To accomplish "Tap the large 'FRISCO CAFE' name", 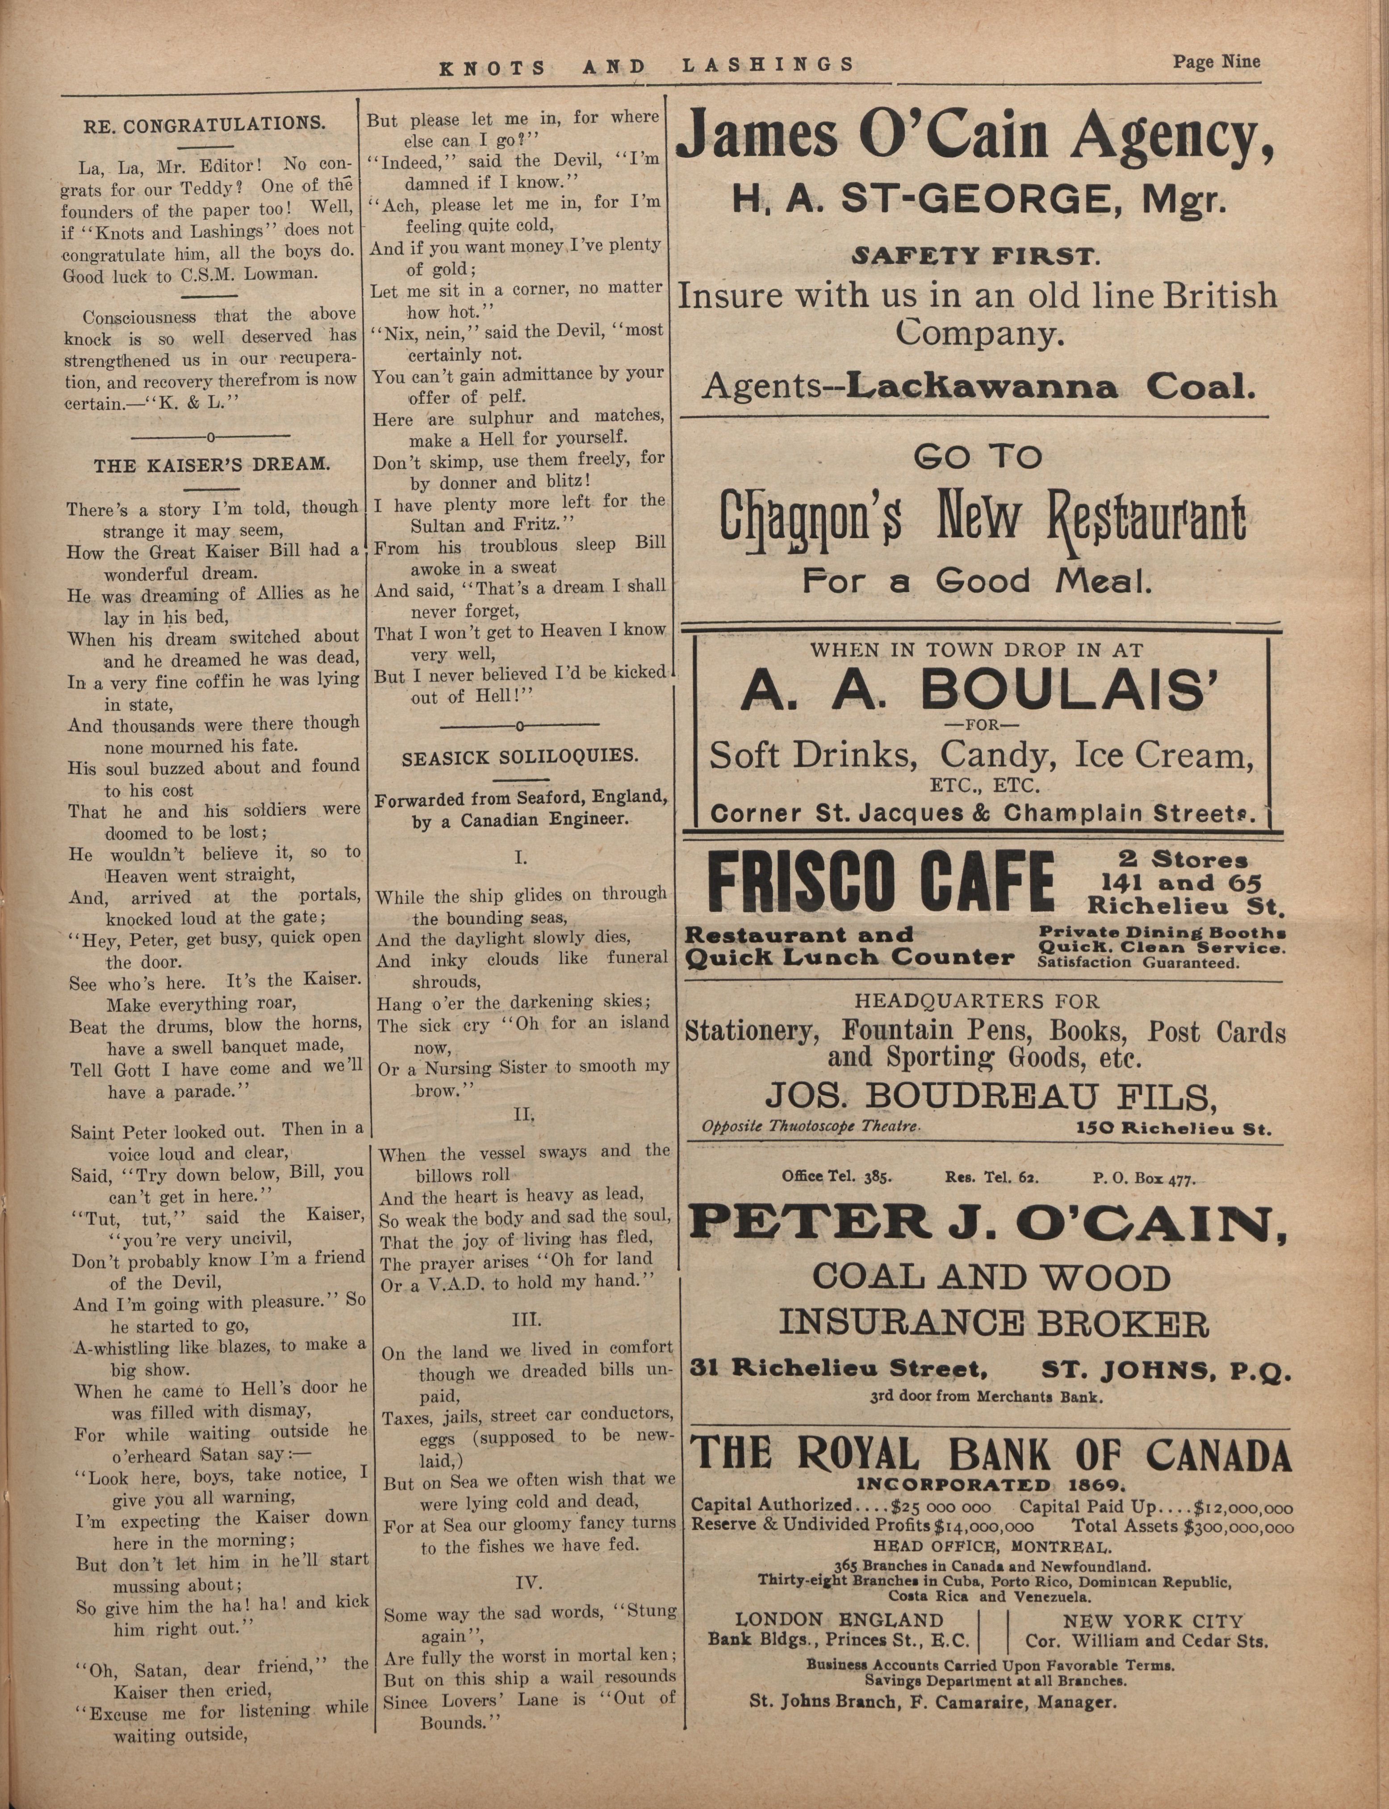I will point(881,883).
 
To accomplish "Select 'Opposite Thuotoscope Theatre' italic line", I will point(810,1126).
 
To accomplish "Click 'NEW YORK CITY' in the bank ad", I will point(1153,1622).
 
